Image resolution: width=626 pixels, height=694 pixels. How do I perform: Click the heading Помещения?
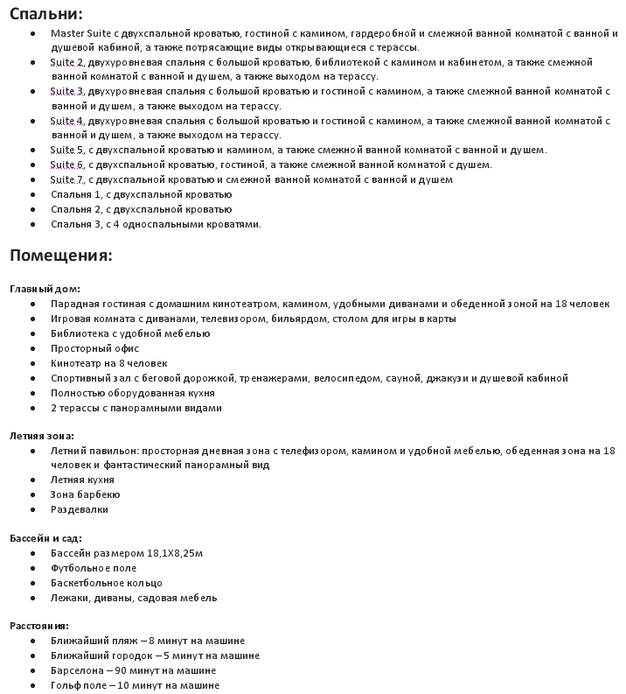(60, 256)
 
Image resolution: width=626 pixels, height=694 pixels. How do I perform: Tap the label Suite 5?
(67, 150)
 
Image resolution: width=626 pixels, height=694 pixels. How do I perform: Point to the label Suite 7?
(67, 179)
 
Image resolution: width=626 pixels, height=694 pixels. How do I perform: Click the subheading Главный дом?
(45, 289)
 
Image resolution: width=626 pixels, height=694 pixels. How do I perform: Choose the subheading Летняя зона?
(42, 436)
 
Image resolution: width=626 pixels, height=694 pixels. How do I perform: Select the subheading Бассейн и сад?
(45, 538)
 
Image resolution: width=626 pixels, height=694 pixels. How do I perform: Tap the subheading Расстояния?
(39, 626)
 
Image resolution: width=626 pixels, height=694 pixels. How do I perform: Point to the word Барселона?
(78, 670)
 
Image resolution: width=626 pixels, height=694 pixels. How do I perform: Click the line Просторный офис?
(94, 348)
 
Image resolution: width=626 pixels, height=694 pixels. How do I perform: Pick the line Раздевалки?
(80, 509)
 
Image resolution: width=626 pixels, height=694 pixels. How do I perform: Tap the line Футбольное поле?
(94, 568)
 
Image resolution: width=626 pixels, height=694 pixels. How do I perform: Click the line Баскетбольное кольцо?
(107, 583)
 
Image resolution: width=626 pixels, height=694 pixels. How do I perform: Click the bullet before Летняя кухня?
(32, 480)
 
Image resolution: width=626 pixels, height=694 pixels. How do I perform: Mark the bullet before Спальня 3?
(32, 224)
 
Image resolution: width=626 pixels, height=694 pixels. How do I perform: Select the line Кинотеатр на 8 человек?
(108, 363)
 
